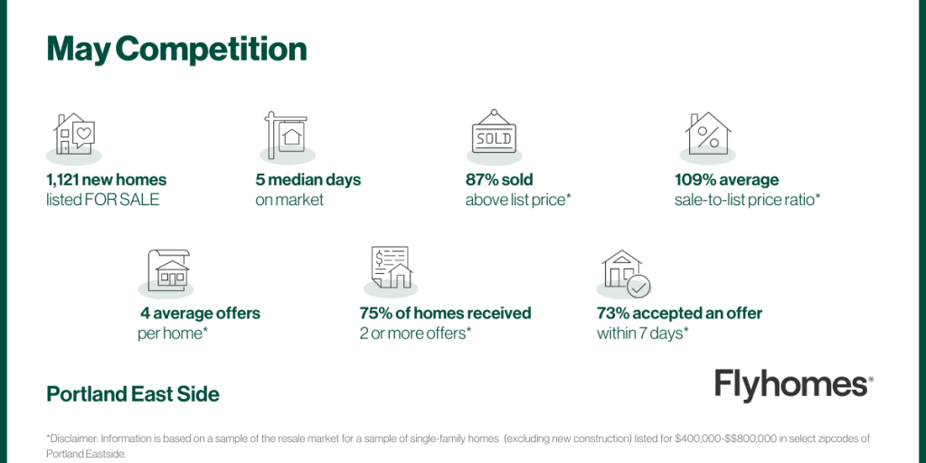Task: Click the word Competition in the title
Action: [211, 51]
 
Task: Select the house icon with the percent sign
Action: [708, 134]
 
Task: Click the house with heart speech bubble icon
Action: [74, 134]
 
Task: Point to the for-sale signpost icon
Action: [285, 135]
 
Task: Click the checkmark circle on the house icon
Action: [638, 287]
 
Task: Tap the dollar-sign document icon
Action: [391, 267]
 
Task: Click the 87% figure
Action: [481, 180]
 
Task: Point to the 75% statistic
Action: [374, 313]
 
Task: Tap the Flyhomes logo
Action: [794, 385]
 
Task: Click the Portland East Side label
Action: [133, 394]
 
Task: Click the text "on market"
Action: [289, 200]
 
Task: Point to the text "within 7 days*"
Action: [643, 334]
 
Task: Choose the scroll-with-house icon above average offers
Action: [168, 269]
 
